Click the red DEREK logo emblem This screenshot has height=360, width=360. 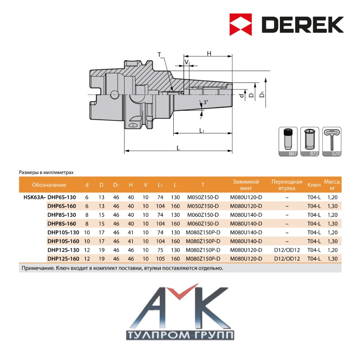[241, 25]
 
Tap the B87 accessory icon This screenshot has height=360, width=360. [288, 142]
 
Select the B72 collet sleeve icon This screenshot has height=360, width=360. [310, 142]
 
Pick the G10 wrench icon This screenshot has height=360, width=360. [332, 142]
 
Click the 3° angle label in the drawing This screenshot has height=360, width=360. [206, 102]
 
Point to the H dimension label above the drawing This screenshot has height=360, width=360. [209, 54]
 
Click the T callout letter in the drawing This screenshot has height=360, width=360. [159, 54]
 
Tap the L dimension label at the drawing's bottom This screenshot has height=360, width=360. [178, 148]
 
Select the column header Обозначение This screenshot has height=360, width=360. [49, 185]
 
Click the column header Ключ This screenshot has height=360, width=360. [314, 185]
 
